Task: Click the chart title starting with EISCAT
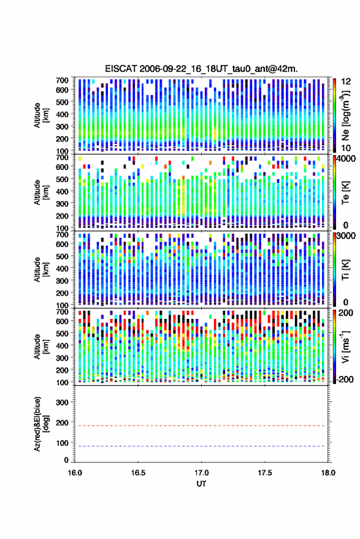click(201, 69)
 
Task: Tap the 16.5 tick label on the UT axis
click(138, 473)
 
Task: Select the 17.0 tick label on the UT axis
click(202, 473)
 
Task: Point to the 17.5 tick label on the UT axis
click(265, 473)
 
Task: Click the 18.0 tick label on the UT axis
click(328, 473)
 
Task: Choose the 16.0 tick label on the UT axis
click(75, 473)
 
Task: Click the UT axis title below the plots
click(202, 484)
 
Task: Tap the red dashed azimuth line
click(202, 426)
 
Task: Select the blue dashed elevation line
click(202, 446)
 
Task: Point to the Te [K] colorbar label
click(346, 193)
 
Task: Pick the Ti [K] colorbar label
click(346, 270)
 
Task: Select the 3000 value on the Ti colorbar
click(347, 236)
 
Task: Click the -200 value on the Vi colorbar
click(345, 379)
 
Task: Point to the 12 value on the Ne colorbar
click(346, 82)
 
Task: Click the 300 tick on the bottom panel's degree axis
click(63, 402)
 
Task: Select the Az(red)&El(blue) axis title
click(41, 424)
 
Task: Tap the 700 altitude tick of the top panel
click(62, 80)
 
